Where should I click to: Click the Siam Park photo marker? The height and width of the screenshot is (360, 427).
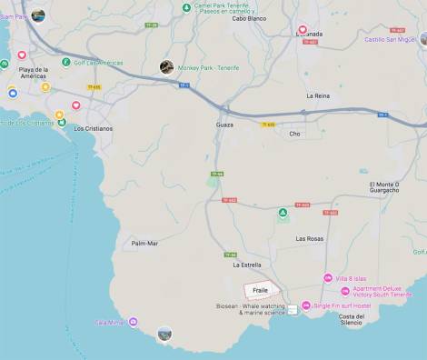(x=37, y=15)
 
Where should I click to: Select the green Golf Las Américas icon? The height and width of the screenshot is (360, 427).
(x=66, y=62)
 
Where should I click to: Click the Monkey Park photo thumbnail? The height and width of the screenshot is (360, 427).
(x=166, y=66)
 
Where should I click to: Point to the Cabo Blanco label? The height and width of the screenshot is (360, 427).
(x=249, y=18)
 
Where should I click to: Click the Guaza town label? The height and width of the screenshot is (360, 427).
(x=224, y=124)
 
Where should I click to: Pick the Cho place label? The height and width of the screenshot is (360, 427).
(x=294, y=134)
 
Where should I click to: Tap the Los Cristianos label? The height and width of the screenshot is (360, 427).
(x=93, y=128)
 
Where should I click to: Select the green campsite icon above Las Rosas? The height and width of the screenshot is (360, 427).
(x=283, y=214)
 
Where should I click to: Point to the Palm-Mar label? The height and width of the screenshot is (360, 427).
(x=144, y=243)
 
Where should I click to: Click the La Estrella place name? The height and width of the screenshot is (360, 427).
(x=247, y=265)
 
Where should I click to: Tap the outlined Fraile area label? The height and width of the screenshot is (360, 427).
(x=260, y=290)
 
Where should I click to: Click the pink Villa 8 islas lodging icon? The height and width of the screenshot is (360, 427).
(x=328, y=277)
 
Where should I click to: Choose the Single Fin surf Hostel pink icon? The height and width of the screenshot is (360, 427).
(x=306, y=305)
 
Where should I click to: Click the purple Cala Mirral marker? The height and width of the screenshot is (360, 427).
(x=134, y=322)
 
